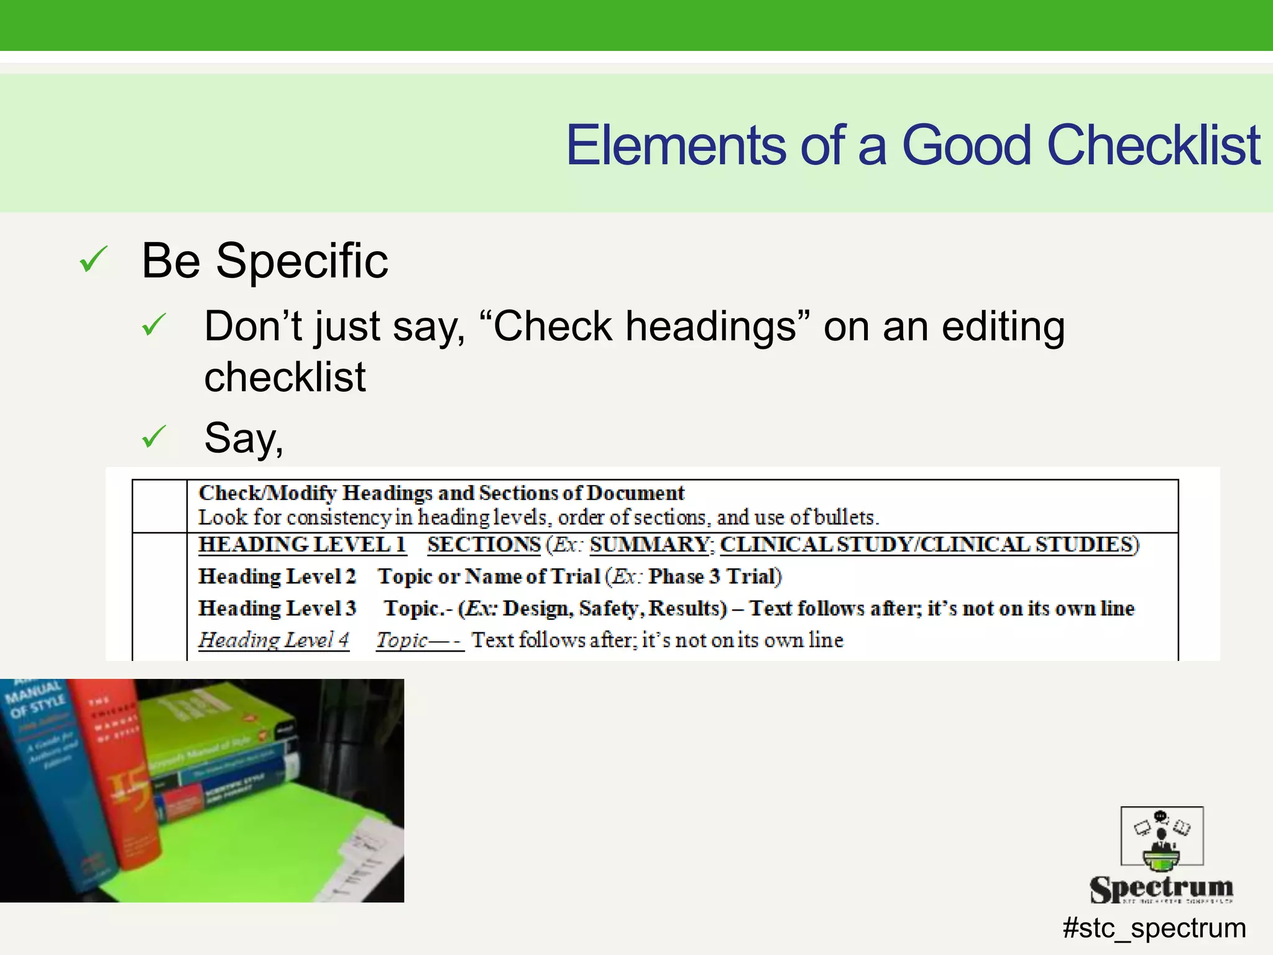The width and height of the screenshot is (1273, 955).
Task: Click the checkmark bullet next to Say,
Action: pos(154,436)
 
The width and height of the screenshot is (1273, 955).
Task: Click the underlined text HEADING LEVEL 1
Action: pos(302,545)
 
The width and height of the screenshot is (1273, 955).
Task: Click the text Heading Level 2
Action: pos(277,576)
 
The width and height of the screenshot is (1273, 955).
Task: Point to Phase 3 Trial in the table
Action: pos(714,576)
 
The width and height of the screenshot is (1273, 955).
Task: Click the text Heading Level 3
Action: pos(277,608)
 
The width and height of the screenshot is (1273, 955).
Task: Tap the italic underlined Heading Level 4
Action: pos(273,640)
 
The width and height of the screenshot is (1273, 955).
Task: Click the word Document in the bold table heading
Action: pos(635,493)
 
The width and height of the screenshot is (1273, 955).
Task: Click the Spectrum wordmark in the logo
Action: pos(1161,888)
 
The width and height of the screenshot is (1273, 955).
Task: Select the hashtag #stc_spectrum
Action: pos(1154,928)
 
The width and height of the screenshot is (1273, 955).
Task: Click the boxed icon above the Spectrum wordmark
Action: pos(1162,836)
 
